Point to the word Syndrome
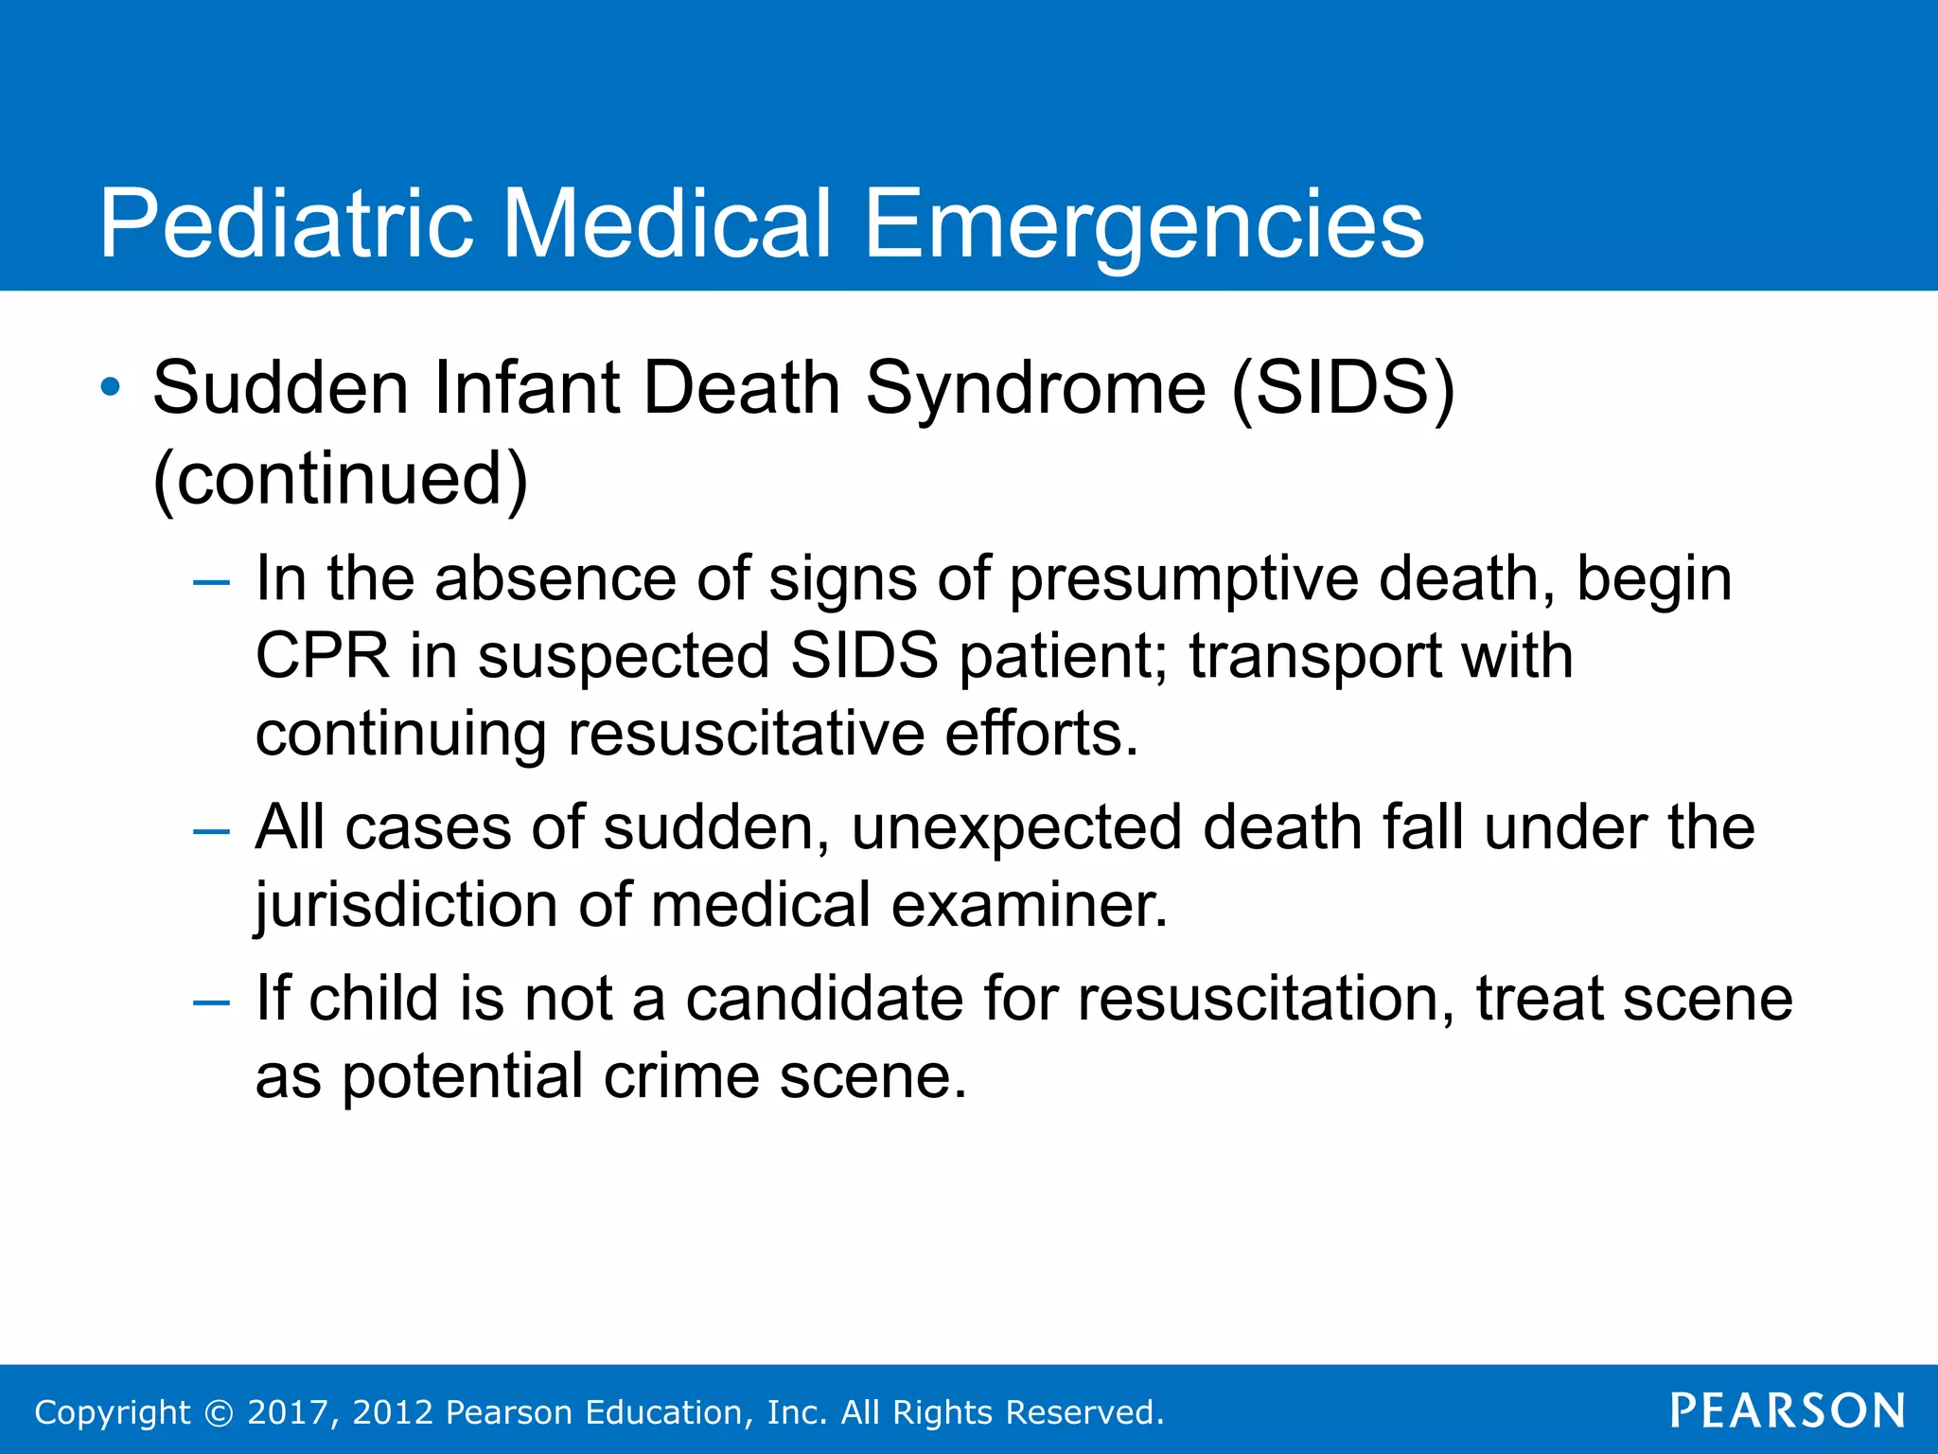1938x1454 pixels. tap(1036, 390)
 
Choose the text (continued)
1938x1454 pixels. tap(340, 479)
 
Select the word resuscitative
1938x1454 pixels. tap(746, 734)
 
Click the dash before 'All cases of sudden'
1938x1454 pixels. tap(211, 832)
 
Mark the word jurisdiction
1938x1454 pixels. tap(407, 906)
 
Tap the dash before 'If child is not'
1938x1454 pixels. tap(211, 1002)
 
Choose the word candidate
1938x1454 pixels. tap(823, 999)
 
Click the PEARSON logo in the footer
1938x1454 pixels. tap(1788, 1410)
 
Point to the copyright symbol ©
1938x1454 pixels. tap(219, 1413)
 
